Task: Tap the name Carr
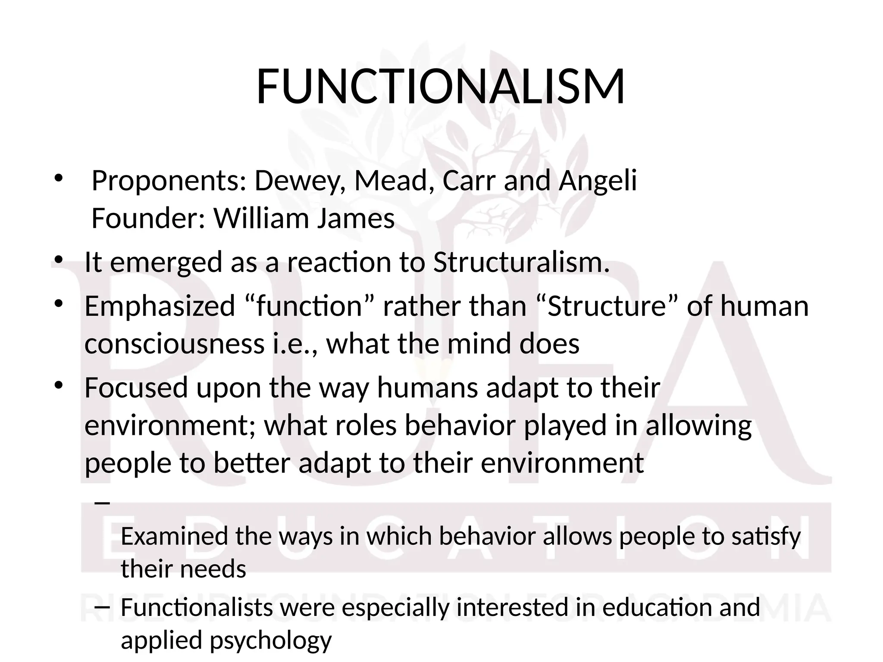(469, 181)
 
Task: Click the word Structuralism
(521, 262)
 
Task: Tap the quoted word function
(309, 306)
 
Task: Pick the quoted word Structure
(607, 306)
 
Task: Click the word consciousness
(174, 344)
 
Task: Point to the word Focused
(136, 387)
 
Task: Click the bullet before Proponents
(58, 178)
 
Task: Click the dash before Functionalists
(101, 608)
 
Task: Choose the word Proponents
(169, 181)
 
